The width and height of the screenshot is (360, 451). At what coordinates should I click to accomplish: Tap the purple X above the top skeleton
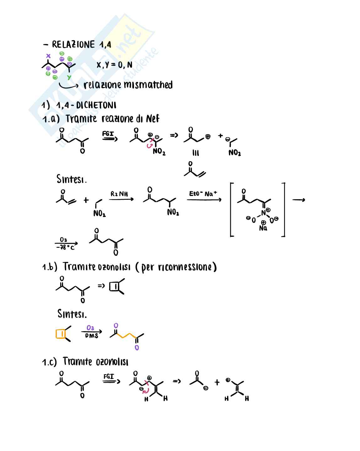(48, 56)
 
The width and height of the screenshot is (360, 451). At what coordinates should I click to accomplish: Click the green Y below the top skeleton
(69, 77)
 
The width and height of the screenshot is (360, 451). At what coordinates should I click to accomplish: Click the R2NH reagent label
(119, 194)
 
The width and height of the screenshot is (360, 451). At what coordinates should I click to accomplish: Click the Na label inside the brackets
(263, 228)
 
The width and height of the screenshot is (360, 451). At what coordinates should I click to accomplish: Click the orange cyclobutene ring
(61, 334)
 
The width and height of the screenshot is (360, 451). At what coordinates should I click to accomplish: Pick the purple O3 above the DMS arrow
(90, 328)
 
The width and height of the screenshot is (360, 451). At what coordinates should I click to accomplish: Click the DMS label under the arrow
(92, 336)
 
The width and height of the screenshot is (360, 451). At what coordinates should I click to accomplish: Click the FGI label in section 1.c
(109, 376)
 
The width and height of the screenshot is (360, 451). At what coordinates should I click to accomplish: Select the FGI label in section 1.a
(108, 134)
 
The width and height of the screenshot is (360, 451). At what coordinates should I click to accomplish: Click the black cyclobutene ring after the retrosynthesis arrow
(114, 287)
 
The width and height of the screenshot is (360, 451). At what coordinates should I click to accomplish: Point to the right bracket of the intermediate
(283, 210)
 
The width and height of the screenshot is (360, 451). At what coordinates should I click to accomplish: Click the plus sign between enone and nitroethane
(86, 200)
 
